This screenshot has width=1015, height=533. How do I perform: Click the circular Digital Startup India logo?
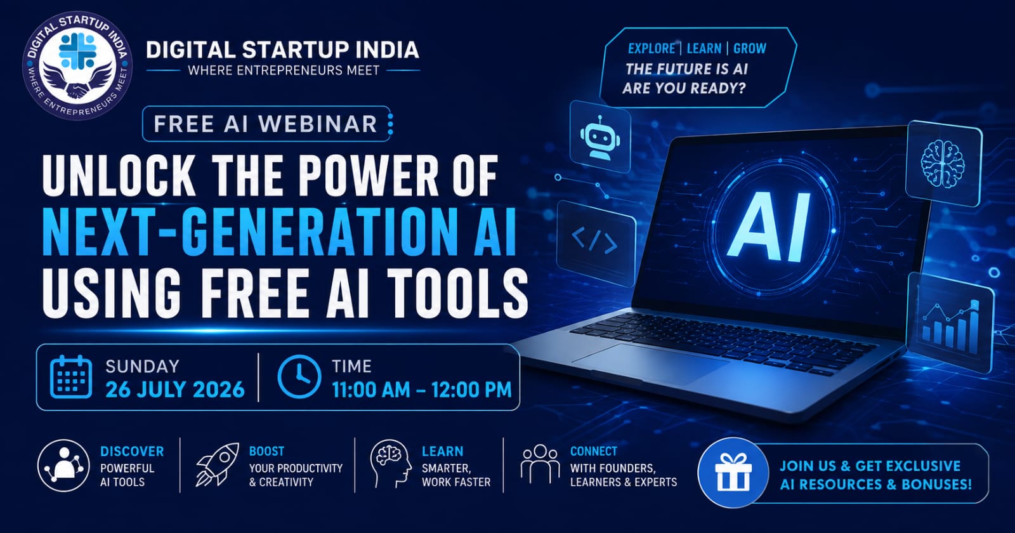point(77,66)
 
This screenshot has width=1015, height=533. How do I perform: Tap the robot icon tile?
point(600,136)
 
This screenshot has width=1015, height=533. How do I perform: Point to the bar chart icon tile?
point(951,323)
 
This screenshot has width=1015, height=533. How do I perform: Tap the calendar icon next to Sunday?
point(70,377)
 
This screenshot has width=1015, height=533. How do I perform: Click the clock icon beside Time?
point(299,377)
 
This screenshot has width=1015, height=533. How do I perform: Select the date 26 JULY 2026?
point(175,390)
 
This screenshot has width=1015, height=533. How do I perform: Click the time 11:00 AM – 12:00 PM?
point(421,390)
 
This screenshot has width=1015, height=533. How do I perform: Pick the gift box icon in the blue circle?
point(733,472)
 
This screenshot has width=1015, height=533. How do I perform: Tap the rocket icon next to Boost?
point(217,465)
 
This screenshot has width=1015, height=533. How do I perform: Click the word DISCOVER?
point(132,451)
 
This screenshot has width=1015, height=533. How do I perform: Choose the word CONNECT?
point(594,451)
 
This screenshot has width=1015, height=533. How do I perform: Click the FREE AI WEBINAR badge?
point(266,124)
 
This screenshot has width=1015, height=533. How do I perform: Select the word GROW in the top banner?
point(749,48)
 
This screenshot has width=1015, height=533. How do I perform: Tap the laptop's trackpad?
point(651,364)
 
